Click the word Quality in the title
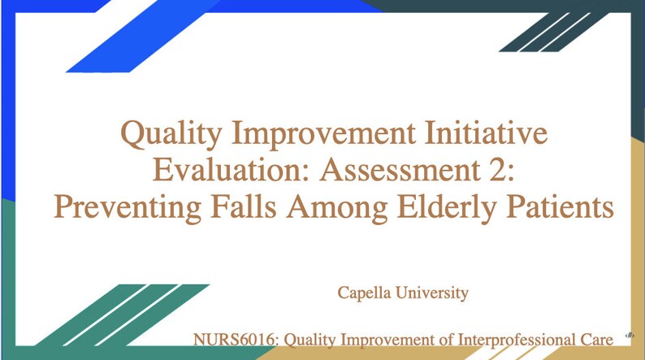coord(171,135)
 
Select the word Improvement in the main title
coord(324,133)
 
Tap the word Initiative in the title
coord(486,132)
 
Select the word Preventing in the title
coord(128,208)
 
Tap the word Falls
coord(244,206)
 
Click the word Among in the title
coord(337,208)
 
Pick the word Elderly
coord(447,208)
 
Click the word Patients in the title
coord(560,206)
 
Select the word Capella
coord(364,293)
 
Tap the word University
coord(432,293)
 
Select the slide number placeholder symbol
coord(630,336)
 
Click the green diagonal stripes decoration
coord(123,314)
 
